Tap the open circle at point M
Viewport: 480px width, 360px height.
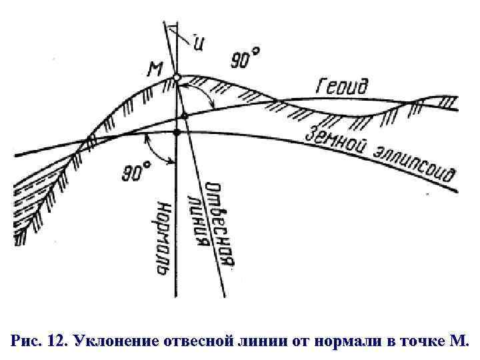tap(177, 78)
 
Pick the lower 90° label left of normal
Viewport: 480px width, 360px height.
tap(136, 173)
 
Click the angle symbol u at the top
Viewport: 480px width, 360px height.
tap(199, 41)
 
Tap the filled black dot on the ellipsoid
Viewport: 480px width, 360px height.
tap(177, 133)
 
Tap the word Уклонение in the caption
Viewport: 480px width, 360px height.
tap(113, 341)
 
